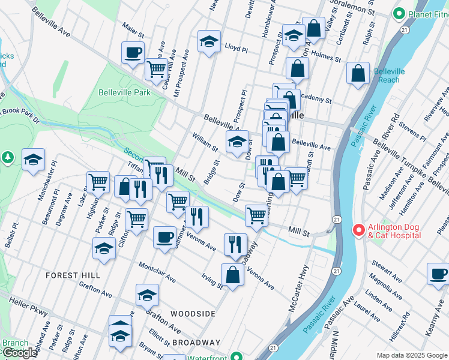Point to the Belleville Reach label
390,76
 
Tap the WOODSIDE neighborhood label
192,314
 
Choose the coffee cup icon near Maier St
133,52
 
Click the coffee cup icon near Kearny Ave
438,274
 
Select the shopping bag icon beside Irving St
232,275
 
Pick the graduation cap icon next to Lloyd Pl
209,41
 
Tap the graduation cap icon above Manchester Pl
34,159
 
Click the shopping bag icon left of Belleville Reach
358,74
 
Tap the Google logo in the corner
19,353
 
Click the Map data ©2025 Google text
412,355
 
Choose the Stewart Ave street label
387,271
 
